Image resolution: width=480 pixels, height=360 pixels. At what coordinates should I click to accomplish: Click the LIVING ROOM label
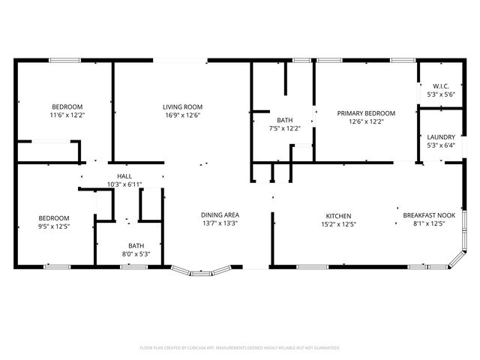pos(182,107)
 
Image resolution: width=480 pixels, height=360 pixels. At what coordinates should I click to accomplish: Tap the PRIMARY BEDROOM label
pos(365,113)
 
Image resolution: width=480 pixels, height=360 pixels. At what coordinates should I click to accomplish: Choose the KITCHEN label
pos(338,215)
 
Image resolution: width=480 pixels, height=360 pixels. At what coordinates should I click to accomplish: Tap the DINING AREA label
pos(220,214)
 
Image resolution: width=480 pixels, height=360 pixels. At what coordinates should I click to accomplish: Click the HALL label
pos(124,175)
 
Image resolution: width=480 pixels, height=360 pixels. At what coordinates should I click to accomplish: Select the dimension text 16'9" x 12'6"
pos(182,116)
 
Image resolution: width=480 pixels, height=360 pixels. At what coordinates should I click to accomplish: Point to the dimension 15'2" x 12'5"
pos(338,223)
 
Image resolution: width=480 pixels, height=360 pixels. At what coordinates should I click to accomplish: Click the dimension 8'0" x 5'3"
pos(136,253)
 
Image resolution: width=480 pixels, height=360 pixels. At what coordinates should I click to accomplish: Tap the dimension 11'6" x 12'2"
pos(67,115)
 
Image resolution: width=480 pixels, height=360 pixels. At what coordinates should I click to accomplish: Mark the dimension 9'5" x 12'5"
pos(54,226)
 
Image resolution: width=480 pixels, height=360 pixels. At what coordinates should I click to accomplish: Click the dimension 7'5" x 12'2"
pos(284,128)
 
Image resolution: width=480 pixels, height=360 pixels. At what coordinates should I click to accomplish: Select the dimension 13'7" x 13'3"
pos(220,223)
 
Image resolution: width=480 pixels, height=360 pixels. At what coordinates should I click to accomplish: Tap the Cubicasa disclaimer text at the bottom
pos(240,348)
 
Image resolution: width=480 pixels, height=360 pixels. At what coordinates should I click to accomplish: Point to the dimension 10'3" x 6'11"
pos(124,184)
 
